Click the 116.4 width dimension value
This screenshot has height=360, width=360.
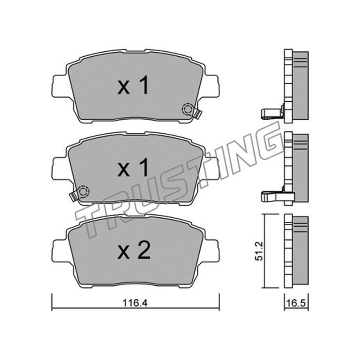click(x=135, y=303)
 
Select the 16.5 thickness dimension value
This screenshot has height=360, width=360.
click(x=296, y=303)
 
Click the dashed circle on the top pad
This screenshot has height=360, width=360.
click(x=187, y=109)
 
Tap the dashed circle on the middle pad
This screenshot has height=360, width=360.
click(x=84, y=191)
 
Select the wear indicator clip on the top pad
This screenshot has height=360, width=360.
click(x=197, y=113)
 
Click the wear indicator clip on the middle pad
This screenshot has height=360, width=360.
click(x=74, y=196)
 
